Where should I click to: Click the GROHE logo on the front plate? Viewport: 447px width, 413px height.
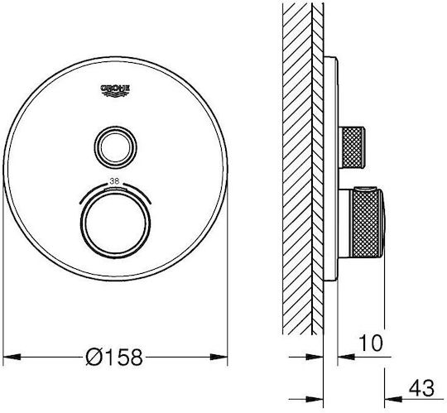[x=115, y=91]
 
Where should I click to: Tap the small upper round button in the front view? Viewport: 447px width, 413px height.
[x=115, y=147]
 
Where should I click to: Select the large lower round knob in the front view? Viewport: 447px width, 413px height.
[x=115, y=224]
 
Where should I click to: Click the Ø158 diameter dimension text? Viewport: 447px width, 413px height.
[x=114, y=357]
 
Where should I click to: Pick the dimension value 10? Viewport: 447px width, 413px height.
[x=371, y=343]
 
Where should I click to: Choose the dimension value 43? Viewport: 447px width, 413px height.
[x=421, y=388]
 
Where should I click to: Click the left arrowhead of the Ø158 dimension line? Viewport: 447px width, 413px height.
[x=12, y=357]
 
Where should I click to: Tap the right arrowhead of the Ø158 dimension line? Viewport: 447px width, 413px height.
[x=219, y=357]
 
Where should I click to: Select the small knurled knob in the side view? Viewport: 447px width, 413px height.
[x=352, y=147]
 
